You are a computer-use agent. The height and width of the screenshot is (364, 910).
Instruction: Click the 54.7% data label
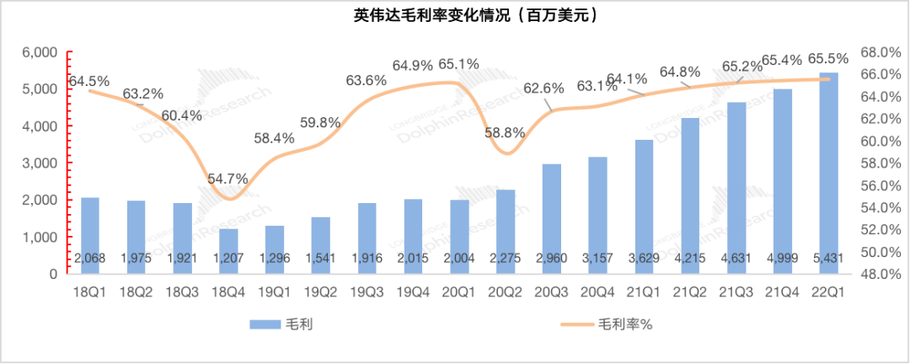coord(229,179)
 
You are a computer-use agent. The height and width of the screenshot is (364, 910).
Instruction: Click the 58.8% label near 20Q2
coord(506,132)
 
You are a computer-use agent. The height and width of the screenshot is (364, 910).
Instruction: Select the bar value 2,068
coord(90,257)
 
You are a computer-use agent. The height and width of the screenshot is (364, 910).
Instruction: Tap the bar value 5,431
coord(828,257)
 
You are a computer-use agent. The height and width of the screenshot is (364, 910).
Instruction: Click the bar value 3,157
coord(597,257)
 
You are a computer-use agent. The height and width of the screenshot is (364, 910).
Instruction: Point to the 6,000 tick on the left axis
coord(40,52)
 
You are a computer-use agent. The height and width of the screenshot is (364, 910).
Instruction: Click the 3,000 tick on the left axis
coord(40,163)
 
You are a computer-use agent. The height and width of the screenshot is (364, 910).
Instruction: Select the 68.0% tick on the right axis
coord(875,52)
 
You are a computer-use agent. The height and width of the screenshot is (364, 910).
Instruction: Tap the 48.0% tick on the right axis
coord(875,274)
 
